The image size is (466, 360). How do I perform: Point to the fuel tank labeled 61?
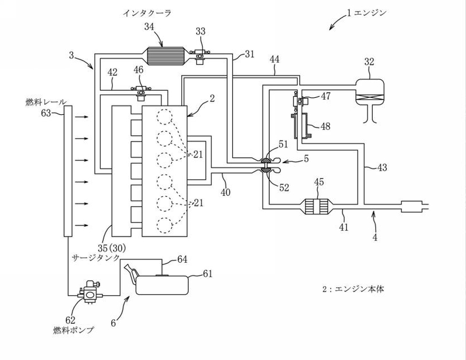[x=163, y=285]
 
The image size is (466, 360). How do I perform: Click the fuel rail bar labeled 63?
[x=68, y=171]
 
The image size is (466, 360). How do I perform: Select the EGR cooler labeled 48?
[x=301, y=126]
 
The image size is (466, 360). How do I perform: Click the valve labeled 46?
[x=141, y=93]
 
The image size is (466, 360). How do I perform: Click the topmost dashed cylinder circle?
[x=164, y=117]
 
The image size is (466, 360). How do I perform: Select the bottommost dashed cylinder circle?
[x=164, y=225]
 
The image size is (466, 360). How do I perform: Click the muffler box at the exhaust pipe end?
[x=411, y=207]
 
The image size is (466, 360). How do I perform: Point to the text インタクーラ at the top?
[x=147, y=13]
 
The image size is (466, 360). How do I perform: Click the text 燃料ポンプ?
[x=74, y=330]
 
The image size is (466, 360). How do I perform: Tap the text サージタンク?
[x=96, y=257]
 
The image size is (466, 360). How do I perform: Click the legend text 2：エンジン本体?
[x=353, y=289]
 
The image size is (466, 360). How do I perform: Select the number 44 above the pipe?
[x=274, y=59]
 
